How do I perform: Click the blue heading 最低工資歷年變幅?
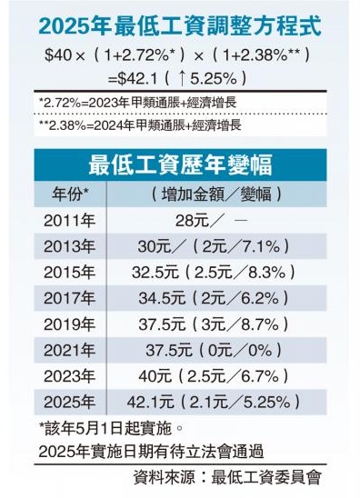coord(179,165)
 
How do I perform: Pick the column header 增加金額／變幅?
coord(215,194)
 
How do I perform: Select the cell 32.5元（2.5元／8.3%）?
coord(215,272)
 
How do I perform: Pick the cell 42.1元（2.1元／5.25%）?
coord(215,400)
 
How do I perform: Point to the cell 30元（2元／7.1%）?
coord(215,246)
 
